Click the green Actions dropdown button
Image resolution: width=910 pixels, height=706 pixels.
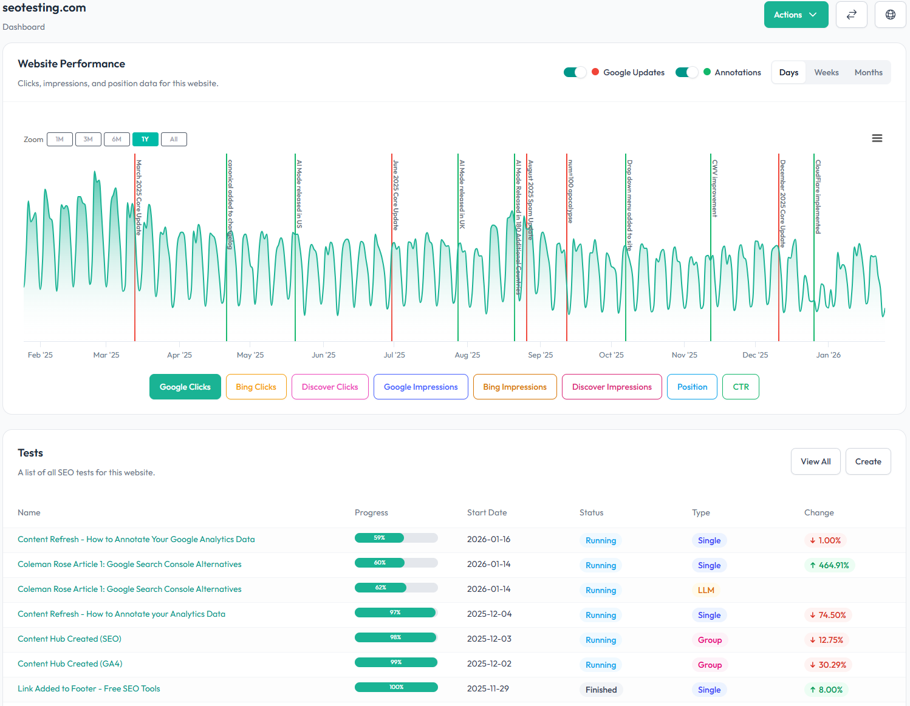coord(795,15)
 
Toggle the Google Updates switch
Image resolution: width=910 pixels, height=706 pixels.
coord(575,72)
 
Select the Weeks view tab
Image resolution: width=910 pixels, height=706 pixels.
coord(826,72)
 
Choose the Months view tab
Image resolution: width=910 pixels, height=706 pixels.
coord(868,72)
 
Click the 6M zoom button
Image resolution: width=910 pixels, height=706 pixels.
coord(117,140)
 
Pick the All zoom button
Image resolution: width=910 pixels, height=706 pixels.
coord(174,140)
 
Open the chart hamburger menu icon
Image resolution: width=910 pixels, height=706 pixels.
coord(877,138)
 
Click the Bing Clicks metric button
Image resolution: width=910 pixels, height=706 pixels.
coord(256,387)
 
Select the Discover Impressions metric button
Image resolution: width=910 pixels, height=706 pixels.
coord(612,387)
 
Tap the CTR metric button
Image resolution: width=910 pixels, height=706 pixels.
coord(741,387)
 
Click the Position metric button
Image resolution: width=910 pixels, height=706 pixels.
coord(692,387)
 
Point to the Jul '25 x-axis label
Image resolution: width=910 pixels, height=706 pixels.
coord(394,355)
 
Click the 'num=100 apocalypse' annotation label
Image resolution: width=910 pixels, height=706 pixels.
coord(570,191)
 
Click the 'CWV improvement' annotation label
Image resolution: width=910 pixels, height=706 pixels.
coord(715,188)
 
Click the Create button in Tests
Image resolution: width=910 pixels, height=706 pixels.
coord(867,461)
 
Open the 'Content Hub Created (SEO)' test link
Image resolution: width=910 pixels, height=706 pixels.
coord(69,639)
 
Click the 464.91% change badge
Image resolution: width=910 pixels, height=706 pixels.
coord(829,565)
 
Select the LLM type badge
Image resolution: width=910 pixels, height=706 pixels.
coord(706,590)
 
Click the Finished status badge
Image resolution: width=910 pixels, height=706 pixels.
coord(601,690)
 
